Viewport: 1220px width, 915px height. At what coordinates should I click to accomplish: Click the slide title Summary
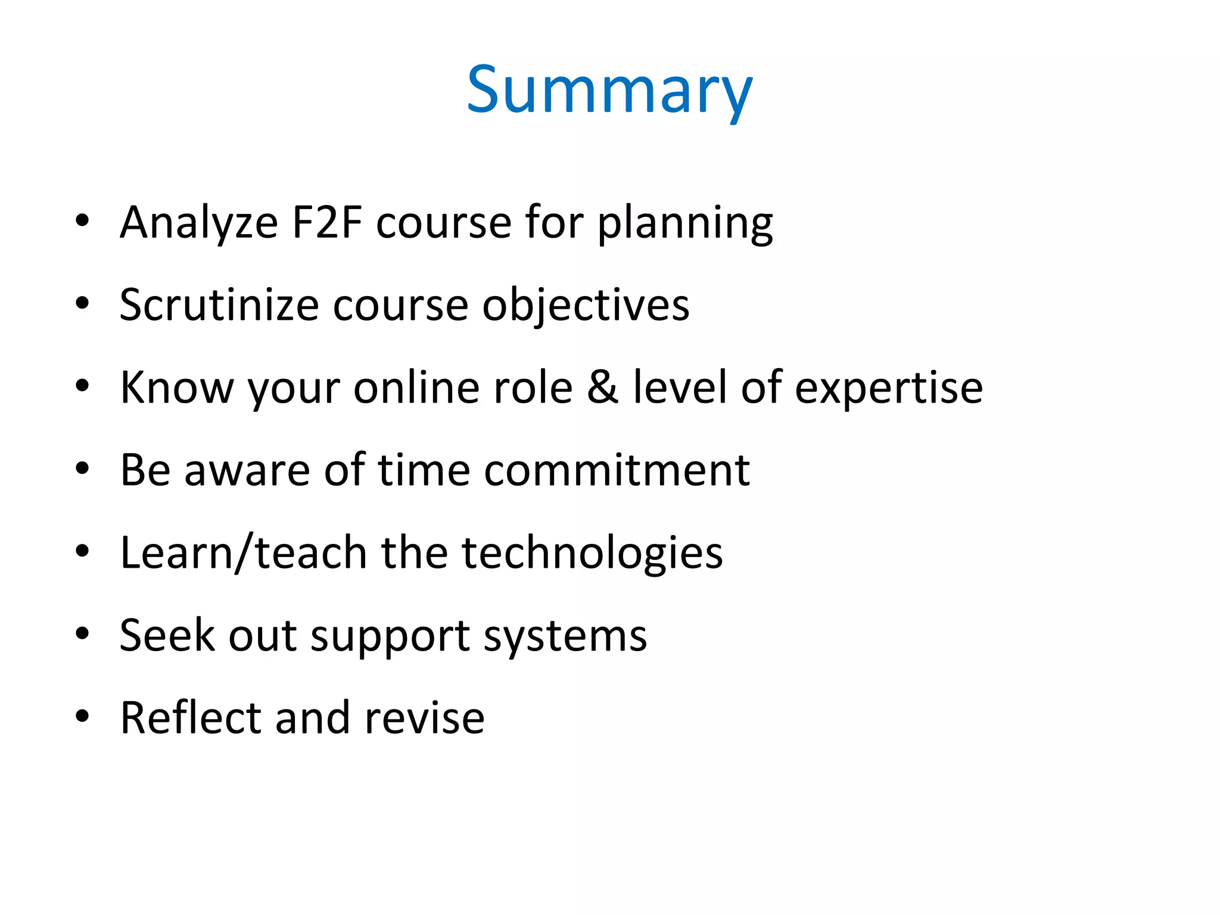pyautogui.click(x=609, y=91)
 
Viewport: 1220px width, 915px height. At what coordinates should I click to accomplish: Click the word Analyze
pyautogui.click(x=199, y=222)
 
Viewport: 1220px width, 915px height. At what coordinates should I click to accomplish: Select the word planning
pyautogui.click(x=685, y=223)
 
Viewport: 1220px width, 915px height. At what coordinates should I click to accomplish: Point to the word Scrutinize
pyautogui.click(x=219, y=305)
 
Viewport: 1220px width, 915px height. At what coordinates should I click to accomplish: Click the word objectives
pyautogui.click(x=586, y=305)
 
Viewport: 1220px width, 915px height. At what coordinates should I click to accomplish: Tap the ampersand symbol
pyautogui.click(x=602, y=387)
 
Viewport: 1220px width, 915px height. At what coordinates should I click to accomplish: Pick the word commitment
pyautogui.click(x=617, y=470)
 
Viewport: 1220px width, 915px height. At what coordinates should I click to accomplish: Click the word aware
pyautogui.click(x=247, y=471)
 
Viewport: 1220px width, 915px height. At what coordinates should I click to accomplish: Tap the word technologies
pyautogui.click(x=592, y=553)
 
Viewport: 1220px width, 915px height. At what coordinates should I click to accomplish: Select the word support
pyautogui.click(x=390, y=636)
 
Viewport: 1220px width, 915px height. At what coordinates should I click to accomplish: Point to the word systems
pyautogui.click(x=565, y=636)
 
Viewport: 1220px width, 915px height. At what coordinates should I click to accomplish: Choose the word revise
pyautogui.click(x=424, y=717)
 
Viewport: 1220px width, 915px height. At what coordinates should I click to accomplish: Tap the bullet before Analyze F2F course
pyautogui.click(x=82, y=220)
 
